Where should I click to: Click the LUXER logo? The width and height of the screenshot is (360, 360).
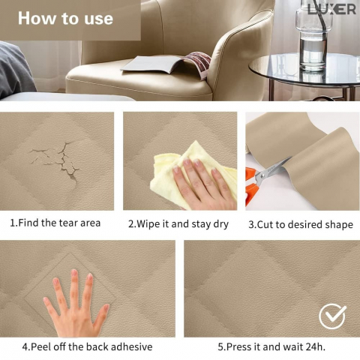tap(331, 10)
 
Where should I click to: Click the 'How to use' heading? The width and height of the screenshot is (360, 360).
tap(65, 18)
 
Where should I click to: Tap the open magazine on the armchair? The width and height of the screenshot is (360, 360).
tap(166, 64)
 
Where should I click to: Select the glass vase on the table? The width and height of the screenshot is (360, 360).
tap(313, 35)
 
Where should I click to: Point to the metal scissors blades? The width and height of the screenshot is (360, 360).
tap(274, 170)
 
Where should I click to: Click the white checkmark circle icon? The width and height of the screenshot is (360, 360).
tap(332, 316)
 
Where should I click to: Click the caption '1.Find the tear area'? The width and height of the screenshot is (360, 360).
tap(55, 223)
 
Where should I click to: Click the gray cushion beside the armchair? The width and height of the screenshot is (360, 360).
tap(16, 70)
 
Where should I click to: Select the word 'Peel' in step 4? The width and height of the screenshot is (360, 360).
tap(42, 346)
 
